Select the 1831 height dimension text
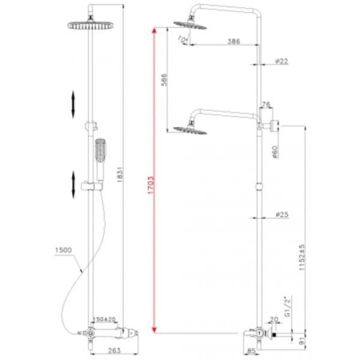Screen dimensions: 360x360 (x=120, y=184)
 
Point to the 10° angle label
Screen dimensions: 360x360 (x=184, y=37)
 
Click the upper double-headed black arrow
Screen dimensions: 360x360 (x=74, y=103)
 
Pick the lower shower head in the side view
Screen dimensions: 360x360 (x=185, y=125)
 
